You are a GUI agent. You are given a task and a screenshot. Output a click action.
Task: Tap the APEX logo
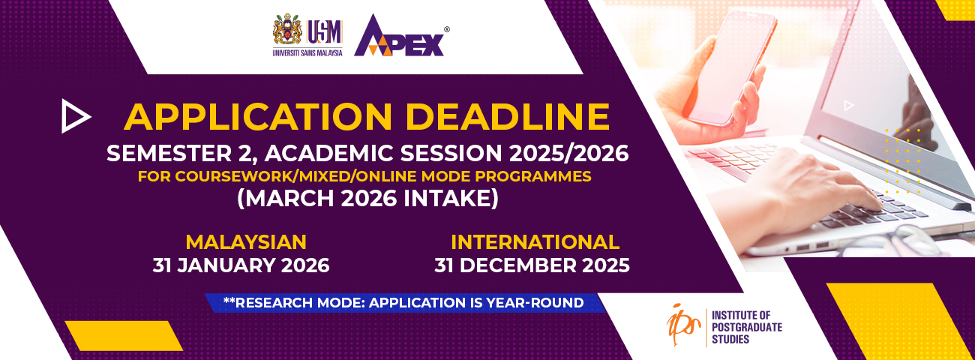click(x=399, y=36)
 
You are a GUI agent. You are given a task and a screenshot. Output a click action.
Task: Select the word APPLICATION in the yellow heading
click(x=258, y=117)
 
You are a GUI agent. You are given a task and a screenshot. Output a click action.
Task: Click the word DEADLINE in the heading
click(x=507, y=117)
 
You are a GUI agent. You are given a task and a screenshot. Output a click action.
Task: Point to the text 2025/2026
click(x=569, y=153)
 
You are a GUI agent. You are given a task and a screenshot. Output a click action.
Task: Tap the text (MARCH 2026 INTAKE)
click(x=367, y=199)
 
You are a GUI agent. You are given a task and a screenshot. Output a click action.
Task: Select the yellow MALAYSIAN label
click(x=246, y=242)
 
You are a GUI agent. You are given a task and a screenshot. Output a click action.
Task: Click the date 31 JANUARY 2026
click(x=241, y=265)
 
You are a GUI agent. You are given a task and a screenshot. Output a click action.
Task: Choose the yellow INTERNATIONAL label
click(x=535, y=242)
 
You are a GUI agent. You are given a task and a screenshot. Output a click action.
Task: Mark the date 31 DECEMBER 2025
click(x=532, y=265)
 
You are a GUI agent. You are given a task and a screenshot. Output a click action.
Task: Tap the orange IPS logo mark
click(x=683, y=325)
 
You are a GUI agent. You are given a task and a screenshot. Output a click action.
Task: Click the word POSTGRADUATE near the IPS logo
click(x=747, y=327)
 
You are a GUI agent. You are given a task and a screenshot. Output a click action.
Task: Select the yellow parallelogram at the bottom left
click(x=124, y=335)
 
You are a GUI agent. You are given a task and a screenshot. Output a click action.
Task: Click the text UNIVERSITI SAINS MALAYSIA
click(x=307, y=53)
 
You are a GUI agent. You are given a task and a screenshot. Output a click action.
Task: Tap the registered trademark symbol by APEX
click(x=446, y=29)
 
